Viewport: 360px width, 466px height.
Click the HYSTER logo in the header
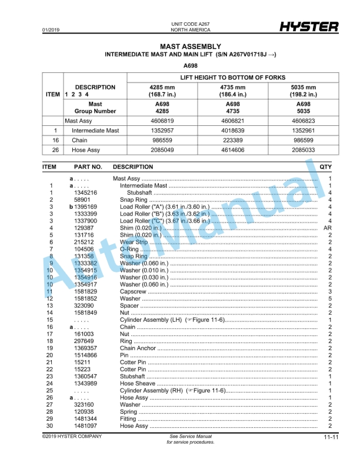[x=309, y=27]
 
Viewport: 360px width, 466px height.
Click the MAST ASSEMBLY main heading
[x=190, y=46]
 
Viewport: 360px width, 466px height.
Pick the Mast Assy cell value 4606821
[x=230, y=121]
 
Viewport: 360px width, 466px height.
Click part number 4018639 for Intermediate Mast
[x=230, y=131]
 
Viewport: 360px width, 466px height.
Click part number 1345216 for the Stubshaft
[x=86, y=192]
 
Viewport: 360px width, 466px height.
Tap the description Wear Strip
[x=134, y=242]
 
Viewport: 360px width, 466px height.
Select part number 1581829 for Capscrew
[x=86, y=291]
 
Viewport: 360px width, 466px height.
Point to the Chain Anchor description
[x=138, y=348]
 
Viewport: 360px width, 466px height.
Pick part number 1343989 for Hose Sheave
[x=86, y=383]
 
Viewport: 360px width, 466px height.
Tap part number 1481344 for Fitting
[x=86, y=418]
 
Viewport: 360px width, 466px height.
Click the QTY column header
[x=325, y=167]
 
